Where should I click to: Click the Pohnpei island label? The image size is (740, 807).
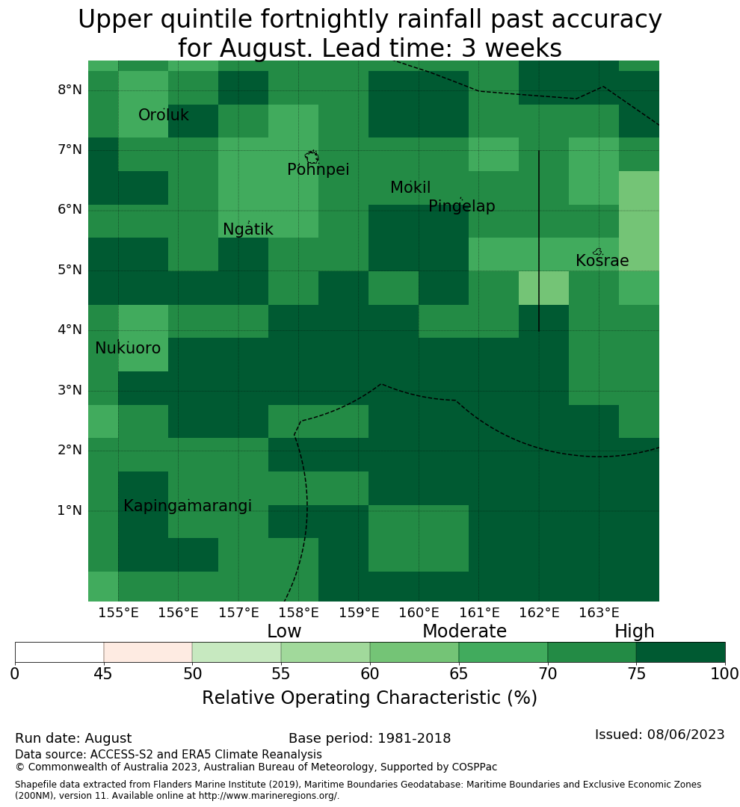tap(318, 170)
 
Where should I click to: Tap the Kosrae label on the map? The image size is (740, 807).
tap(602, 261)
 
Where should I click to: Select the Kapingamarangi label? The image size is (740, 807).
tap(188, 506)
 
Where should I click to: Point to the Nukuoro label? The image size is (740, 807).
tap(128, 348)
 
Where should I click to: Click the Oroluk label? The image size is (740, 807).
tap(163, 115)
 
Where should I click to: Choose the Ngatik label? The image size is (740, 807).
tap(247, 229)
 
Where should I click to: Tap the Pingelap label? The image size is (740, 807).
tap(461, 206)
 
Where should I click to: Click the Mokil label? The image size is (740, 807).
tap(410, 188)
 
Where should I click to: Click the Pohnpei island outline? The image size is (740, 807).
tap(312, 157)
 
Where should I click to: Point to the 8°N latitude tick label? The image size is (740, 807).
tap(70, 90)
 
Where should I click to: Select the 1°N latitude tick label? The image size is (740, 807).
tap(70, 510)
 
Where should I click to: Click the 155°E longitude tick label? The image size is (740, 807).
tap(118, 613)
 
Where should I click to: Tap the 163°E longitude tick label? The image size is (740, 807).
tap(599, 613)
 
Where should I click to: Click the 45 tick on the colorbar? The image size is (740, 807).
tap(103, 673)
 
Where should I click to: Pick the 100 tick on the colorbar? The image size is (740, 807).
tap(724, 673)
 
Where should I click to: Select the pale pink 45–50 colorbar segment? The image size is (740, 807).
tap(148, 652)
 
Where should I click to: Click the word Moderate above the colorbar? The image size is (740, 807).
tap(464, 631)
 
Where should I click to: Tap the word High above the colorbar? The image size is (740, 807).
tap(634, 631)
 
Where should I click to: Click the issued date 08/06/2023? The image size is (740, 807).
tap(685, 735)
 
